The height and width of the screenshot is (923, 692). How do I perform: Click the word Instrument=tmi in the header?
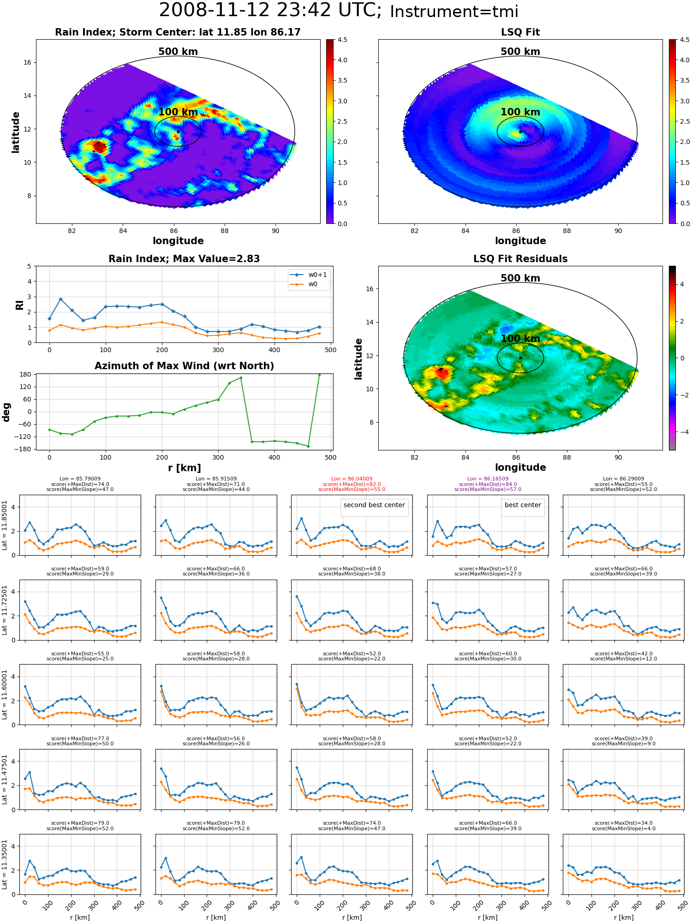click(x=454, y=12)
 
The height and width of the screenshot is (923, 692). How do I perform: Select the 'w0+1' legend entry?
click(x=309, y=275)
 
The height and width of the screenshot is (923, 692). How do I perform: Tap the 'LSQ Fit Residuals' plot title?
click(x=520, y=258)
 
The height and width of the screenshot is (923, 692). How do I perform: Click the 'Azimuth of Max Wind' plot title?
click(x=184, y=366)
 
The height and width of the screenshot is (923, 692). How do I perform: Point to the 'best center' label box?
click(x=523, y=505)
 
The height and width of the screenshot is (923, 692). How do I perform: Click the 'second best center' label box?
click(x=374, y=505)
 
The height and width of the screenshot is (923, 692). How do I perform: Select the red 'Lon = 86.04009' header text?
click(x=352, y=479)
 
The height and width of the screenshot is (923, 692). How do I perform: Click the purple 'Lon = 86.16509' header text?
click(x=488, y=479)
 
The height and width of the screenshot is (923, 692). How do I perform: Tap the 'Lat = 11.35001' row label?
click(x=5, y=864)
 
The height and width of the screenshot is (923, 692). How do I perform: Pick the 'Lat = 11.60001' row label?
click(x=5, y=695)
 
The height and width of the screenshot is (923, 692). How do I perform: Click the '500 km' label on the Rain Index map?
click(x=178, y=52)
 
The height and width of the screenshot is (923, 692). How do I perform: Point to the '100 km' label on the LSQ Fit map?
click(x=520, y=112)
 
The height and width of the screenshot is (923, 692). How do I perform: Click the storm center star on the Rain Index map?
click(x=178, y=132)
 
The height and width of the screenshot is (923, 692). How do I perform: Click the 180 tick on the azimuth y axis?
click(x=25, y=374)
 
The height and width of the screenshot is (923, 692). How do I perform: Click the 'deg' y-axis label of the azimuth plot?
click(x=6, y=412)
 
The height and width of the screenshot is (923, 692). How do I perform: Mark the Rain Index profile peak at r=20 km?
click(x=60, y=299)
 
